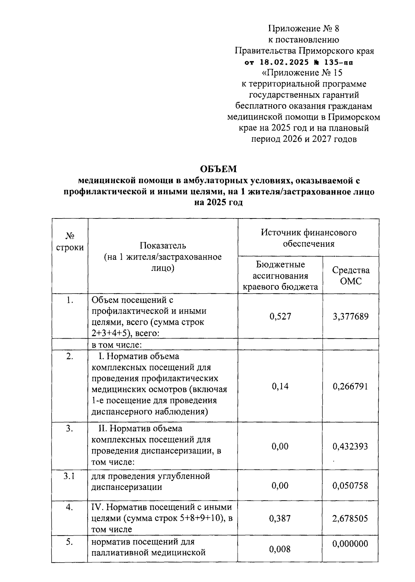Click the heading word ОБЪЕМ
tap(219, 169)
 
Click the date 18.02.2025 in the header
tap(284, 62)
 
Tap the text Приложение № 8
tap(304, 28)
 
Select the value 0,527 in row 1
tap(280, 316)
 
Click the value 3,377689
tap(350, 316)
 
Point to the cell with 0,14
tap(280, 386)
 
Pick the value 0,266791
tap(350, 386)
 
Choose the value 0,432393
tap(350, 446)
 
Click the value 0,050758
tap(350, 485)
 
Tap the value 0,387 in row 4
tap(280, 518)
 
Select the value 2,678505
tap(350, 518)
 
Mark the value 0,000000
tap(350, 544)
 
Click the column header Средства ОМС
tap(351, 276)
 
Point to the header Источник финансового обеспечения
tap(308, 238)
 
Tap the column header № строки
tap(70, 242)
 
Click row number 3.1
tap(70, 476)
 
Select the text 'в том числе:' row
tap(117, 345)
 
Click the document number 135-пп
tap(339, 62)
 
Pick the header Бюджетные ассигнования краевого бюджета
tap(280, 276)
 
